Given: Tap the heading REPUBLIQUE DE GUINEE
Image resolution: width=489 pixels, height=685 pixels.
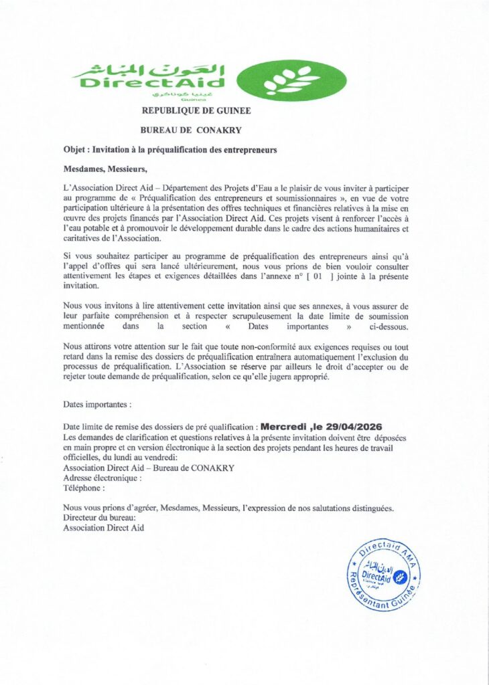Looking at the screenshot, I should pyautogui.click(x=196, y=111).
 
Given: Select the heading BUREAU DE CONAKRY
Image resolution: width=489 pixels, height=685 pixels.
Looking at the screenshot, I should pyautogui.click(x=191, y=130).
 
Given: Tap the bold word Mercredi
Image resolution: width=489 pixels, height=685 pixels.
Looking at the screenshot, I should pyautogui.click(x=281, y=426).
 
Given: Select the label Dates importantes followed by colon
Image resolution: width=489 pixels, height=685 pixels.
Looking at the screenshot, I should pyautogui.click(x=97, y=405).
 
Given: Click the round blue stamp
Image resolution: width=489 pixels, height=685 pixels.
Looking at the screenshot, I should pyautogui.click(x=383, y=575).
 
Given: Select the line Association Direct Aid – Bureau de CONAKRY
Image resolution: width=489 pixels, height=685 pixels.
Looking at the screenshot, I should pyautogui.click(x=148, y=468).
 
